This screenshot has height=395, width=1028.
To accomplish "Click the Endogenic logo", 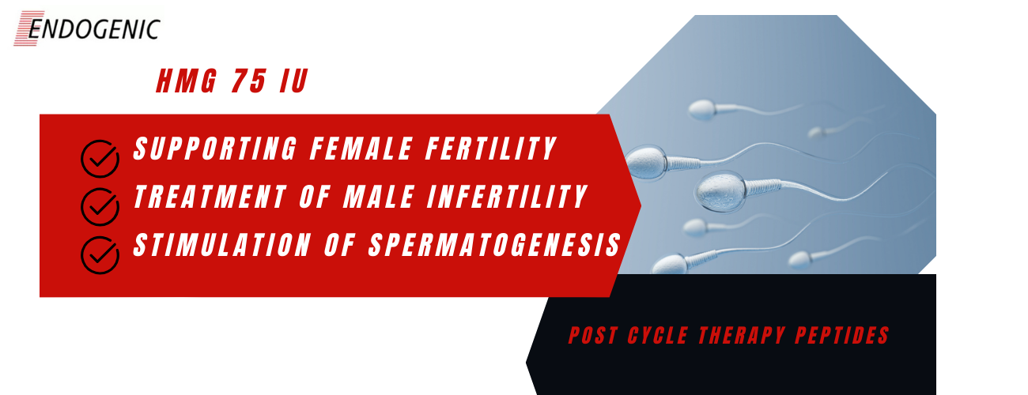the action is click(87, 28).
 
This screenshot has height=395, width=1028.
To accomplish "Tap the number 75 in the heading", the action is click(249, 81).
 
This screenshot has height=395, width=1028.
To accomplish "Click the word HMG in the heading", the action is click(187, 81).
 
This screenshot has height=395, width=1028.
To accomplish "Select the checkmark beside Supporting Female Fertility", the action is click(100, 159).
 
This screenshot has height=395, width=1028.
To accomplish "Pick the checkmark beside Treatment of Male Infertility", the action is click(100, 207).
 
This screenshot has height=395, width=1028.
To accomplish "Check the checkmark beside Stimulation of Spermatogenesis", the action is click(100, 255).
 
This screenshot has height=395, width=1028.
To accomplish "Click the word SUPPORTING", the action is click(215, 149).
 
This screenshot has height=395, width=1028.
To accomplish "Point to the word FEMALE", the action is click(361, 149).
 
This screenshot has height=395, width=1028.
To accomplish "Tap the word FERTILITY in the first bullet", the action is click(491, 149).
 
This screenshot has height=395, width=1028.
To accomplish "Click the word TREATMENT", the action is click(210, 197).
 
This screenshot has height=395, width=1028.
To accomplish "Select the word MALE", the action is click(380, 197).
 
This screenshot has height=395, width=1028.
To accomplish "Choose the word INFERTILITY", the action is click(508, 197).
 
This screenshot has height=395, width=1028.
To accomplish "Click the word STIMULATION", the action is click(222, 245).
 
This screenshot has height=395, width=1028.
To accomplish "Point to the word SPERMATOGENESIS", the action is click(495, 245).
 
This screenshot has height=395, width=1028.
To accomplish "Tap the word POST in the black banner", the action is click(593, 336).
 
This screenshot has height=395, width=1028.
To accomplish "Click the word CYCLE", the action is click(658, 336).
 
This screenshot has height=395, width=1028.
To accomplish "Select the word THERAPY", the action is click(742, 336).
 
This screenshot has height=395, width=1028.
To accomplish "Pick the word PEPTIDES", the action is click(842, 336).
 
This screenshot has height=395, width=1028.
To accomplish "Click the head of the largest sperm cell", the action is click(720, 191).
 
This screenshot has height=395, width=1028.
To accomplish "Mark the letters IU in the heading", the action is click(294, 81).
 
